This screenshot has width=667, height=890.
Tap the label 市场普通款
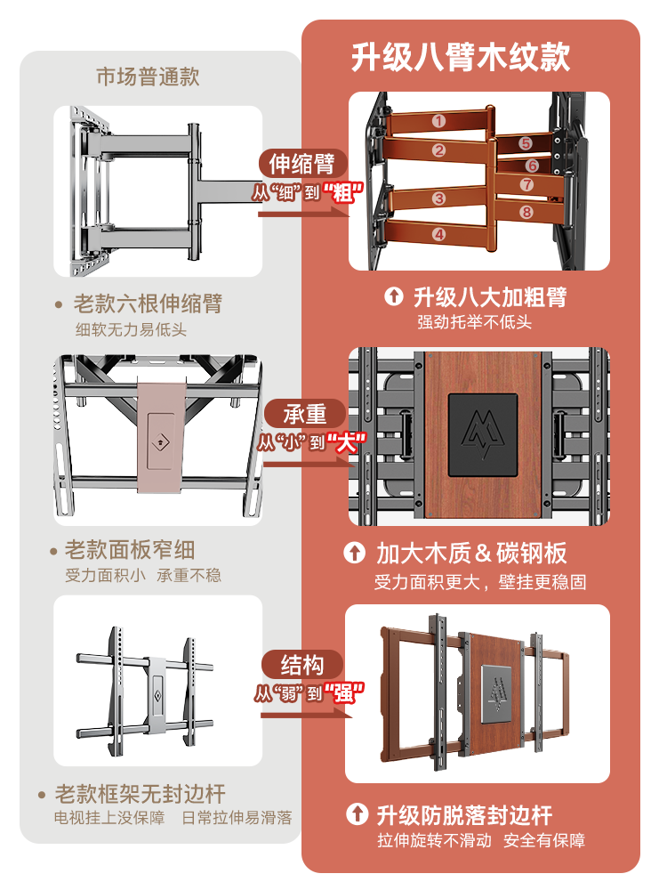[x=148, y=77]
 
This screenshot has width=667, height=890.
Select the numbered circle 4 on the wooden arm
[x=438, y=234]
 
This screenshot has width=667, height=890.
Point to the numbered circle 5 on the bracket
[x=526, y=143]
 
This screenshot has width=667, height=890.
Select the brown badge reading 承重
[x=305, y=415]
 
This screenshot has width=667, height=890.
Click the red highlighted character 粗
[x=338, y=192]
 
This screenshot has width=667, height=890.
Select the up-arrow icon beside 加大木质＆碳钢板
[x=355, y=554]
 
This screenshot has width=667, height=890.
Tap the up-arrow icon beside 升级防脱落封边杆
[x=356, y=814]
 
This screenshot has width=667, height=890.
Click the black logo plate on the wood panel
[x=482, y=433]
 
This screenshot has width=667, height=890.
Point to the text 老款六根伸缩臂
[x=148, y=304]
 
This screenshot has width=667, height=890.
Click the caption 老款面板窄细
[x=130, y=550]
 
